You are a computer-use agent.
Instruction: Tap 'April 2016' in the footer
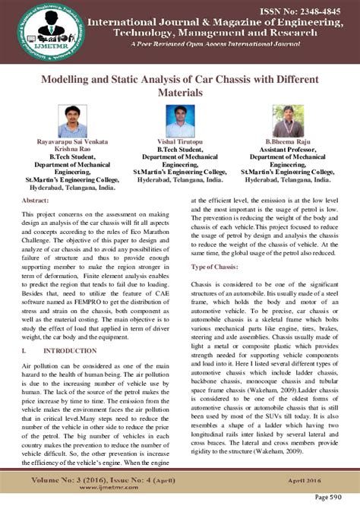(x=317, y=480)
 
